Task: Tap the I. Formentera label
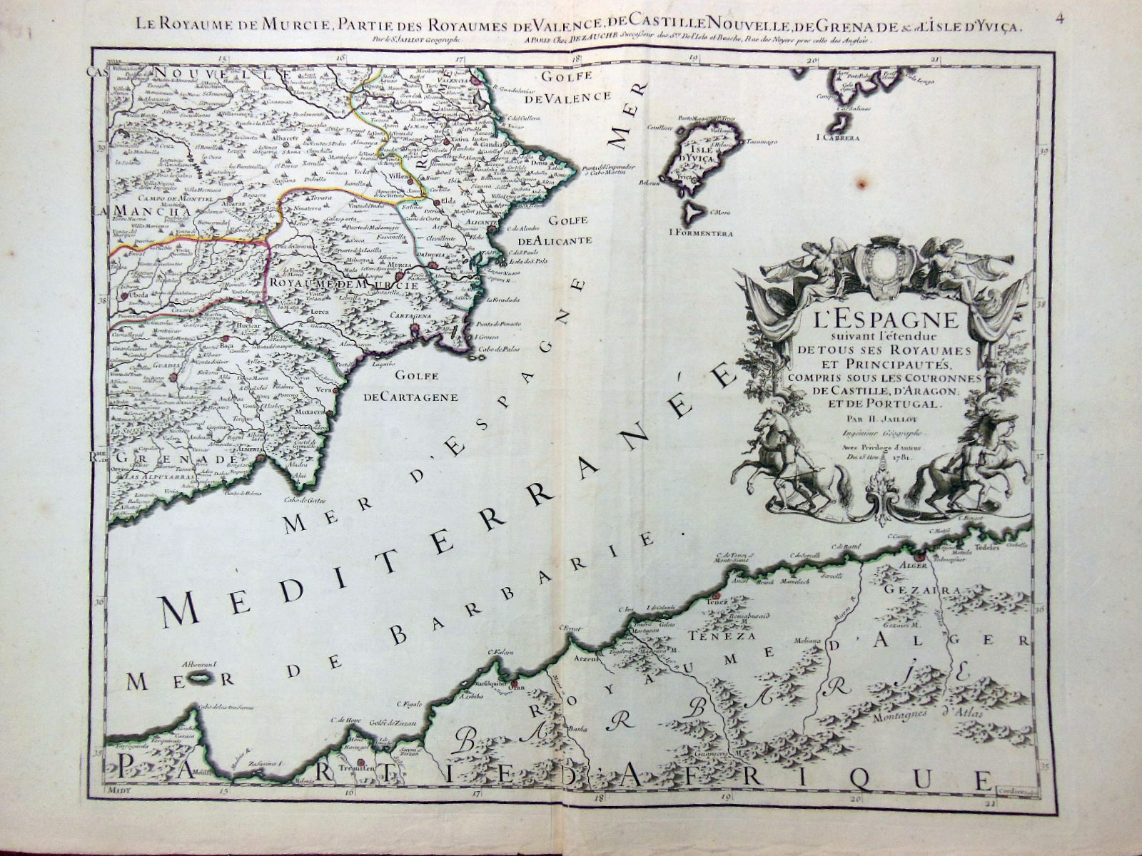[701, 233]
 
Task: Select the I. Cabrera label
[839, 136]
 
